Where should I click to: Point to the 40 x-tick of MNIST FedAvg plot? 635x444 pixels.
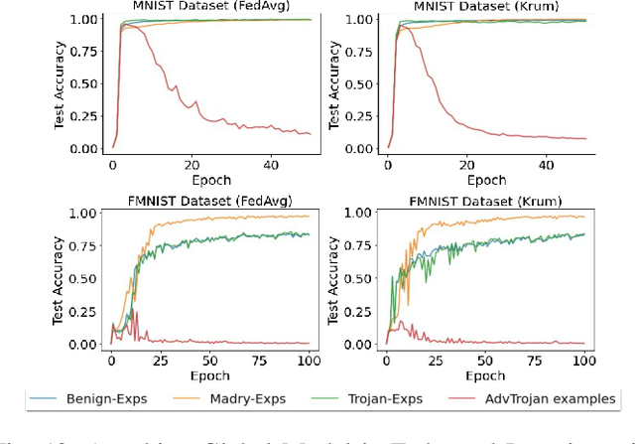coord(270,165)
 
